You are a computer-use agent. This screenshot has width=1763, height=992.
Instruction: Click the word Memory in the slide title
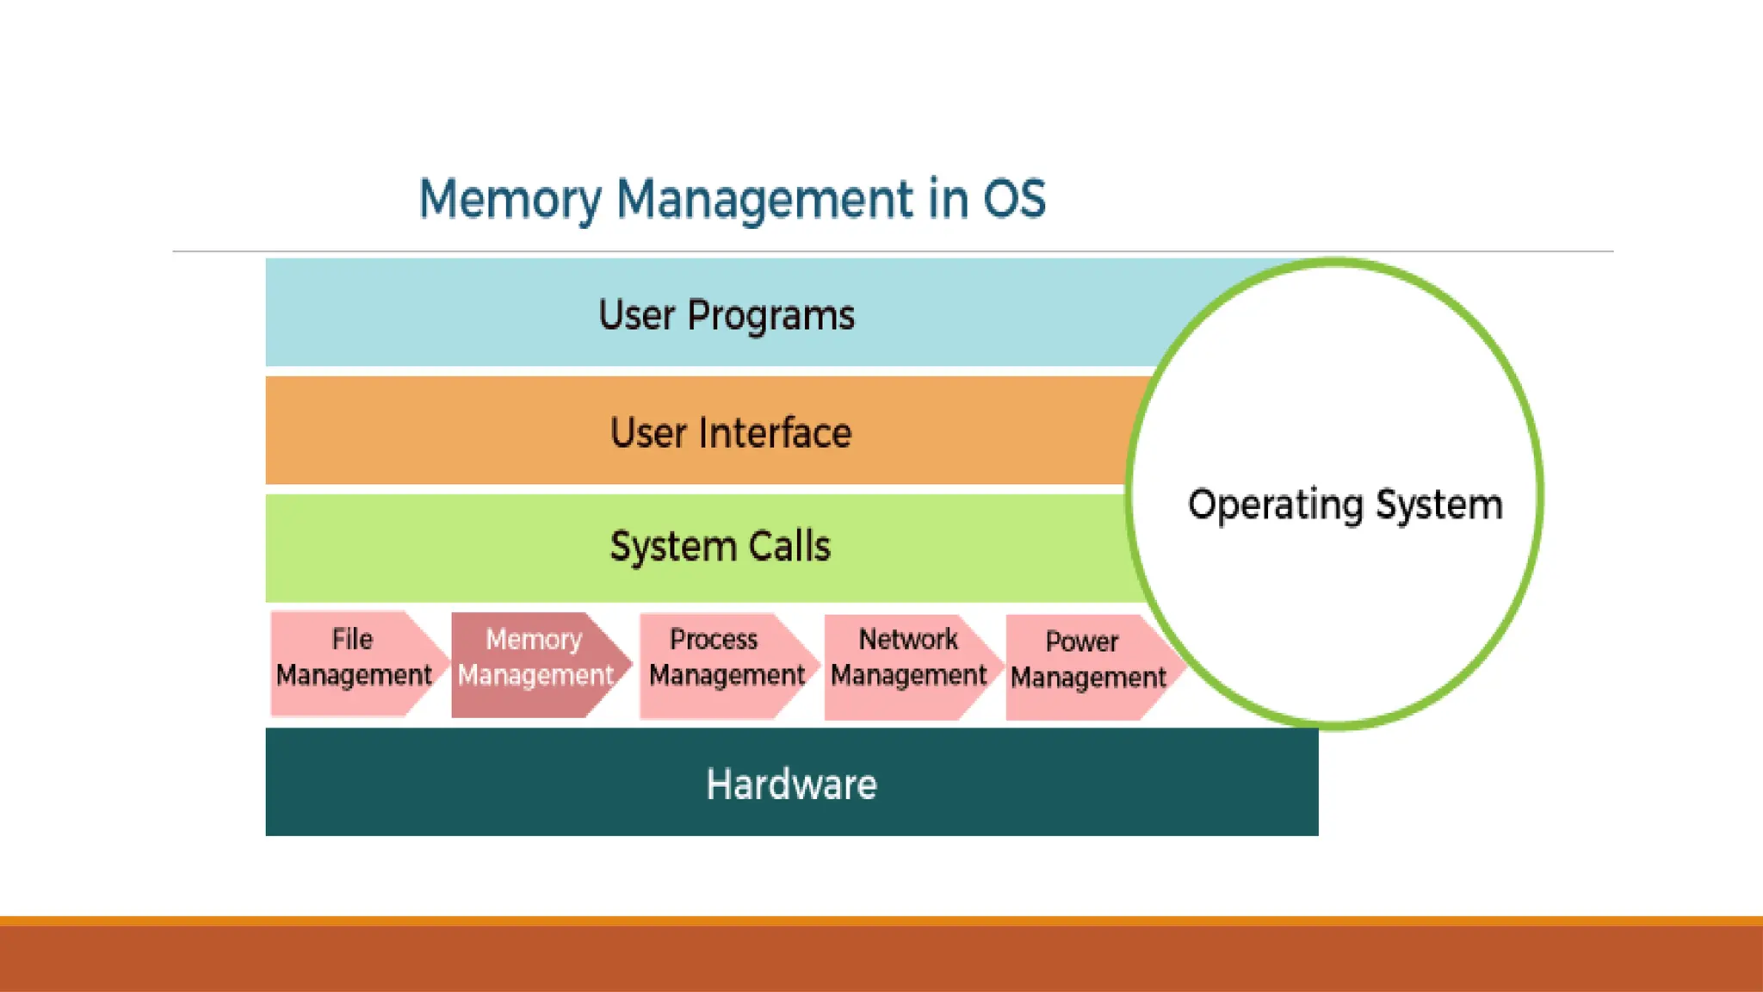(509, 201)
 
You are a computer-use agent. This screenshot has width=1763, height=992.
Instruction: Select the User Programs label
(726, 315)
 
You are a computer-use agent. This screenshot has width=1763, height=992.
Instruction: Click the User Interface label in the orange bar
(730, 432)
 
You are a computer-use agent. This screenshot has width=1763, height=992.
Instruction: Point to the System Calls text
(720, 546)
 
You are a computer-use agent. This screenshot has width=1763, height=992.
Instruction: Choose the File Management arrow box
(353, 662)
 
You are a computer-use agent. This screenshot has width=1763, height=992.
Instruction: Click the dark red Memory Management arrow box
(535, 664)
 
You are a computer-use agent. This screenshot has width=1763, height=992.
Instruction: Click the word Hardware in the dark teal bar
(791, 784)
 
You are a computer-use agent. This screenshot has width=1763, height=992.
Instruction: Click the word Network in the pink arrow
(907, 639)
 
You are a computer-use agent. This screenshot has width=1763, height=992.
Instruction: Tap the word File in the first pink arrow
(352, 639)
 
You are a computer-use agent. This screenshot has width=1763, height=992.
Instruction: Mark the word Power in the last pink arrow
(1081, 642)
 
